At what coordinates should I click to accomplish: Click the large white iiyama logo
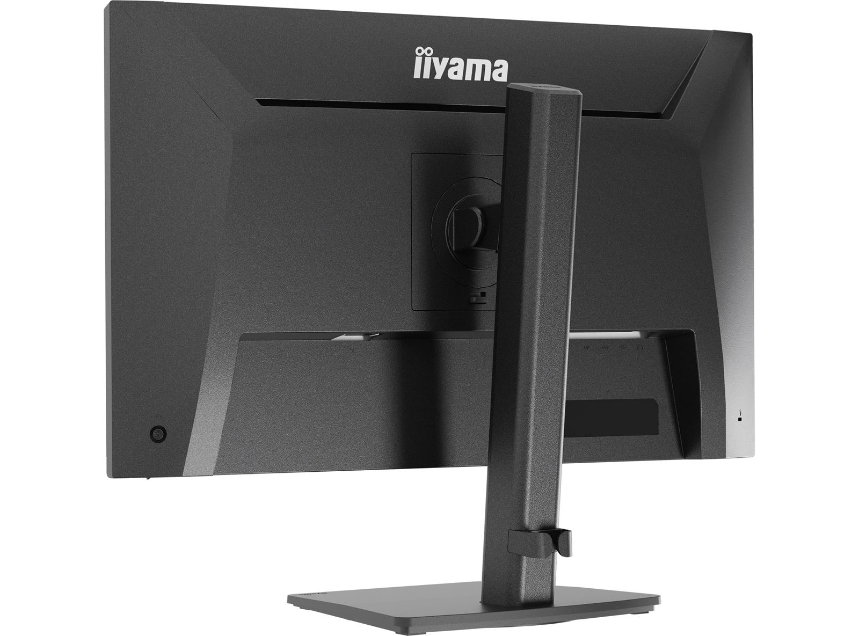[461, 65]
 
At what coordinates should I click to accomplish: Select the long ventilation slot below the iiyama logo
[461, 108]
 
